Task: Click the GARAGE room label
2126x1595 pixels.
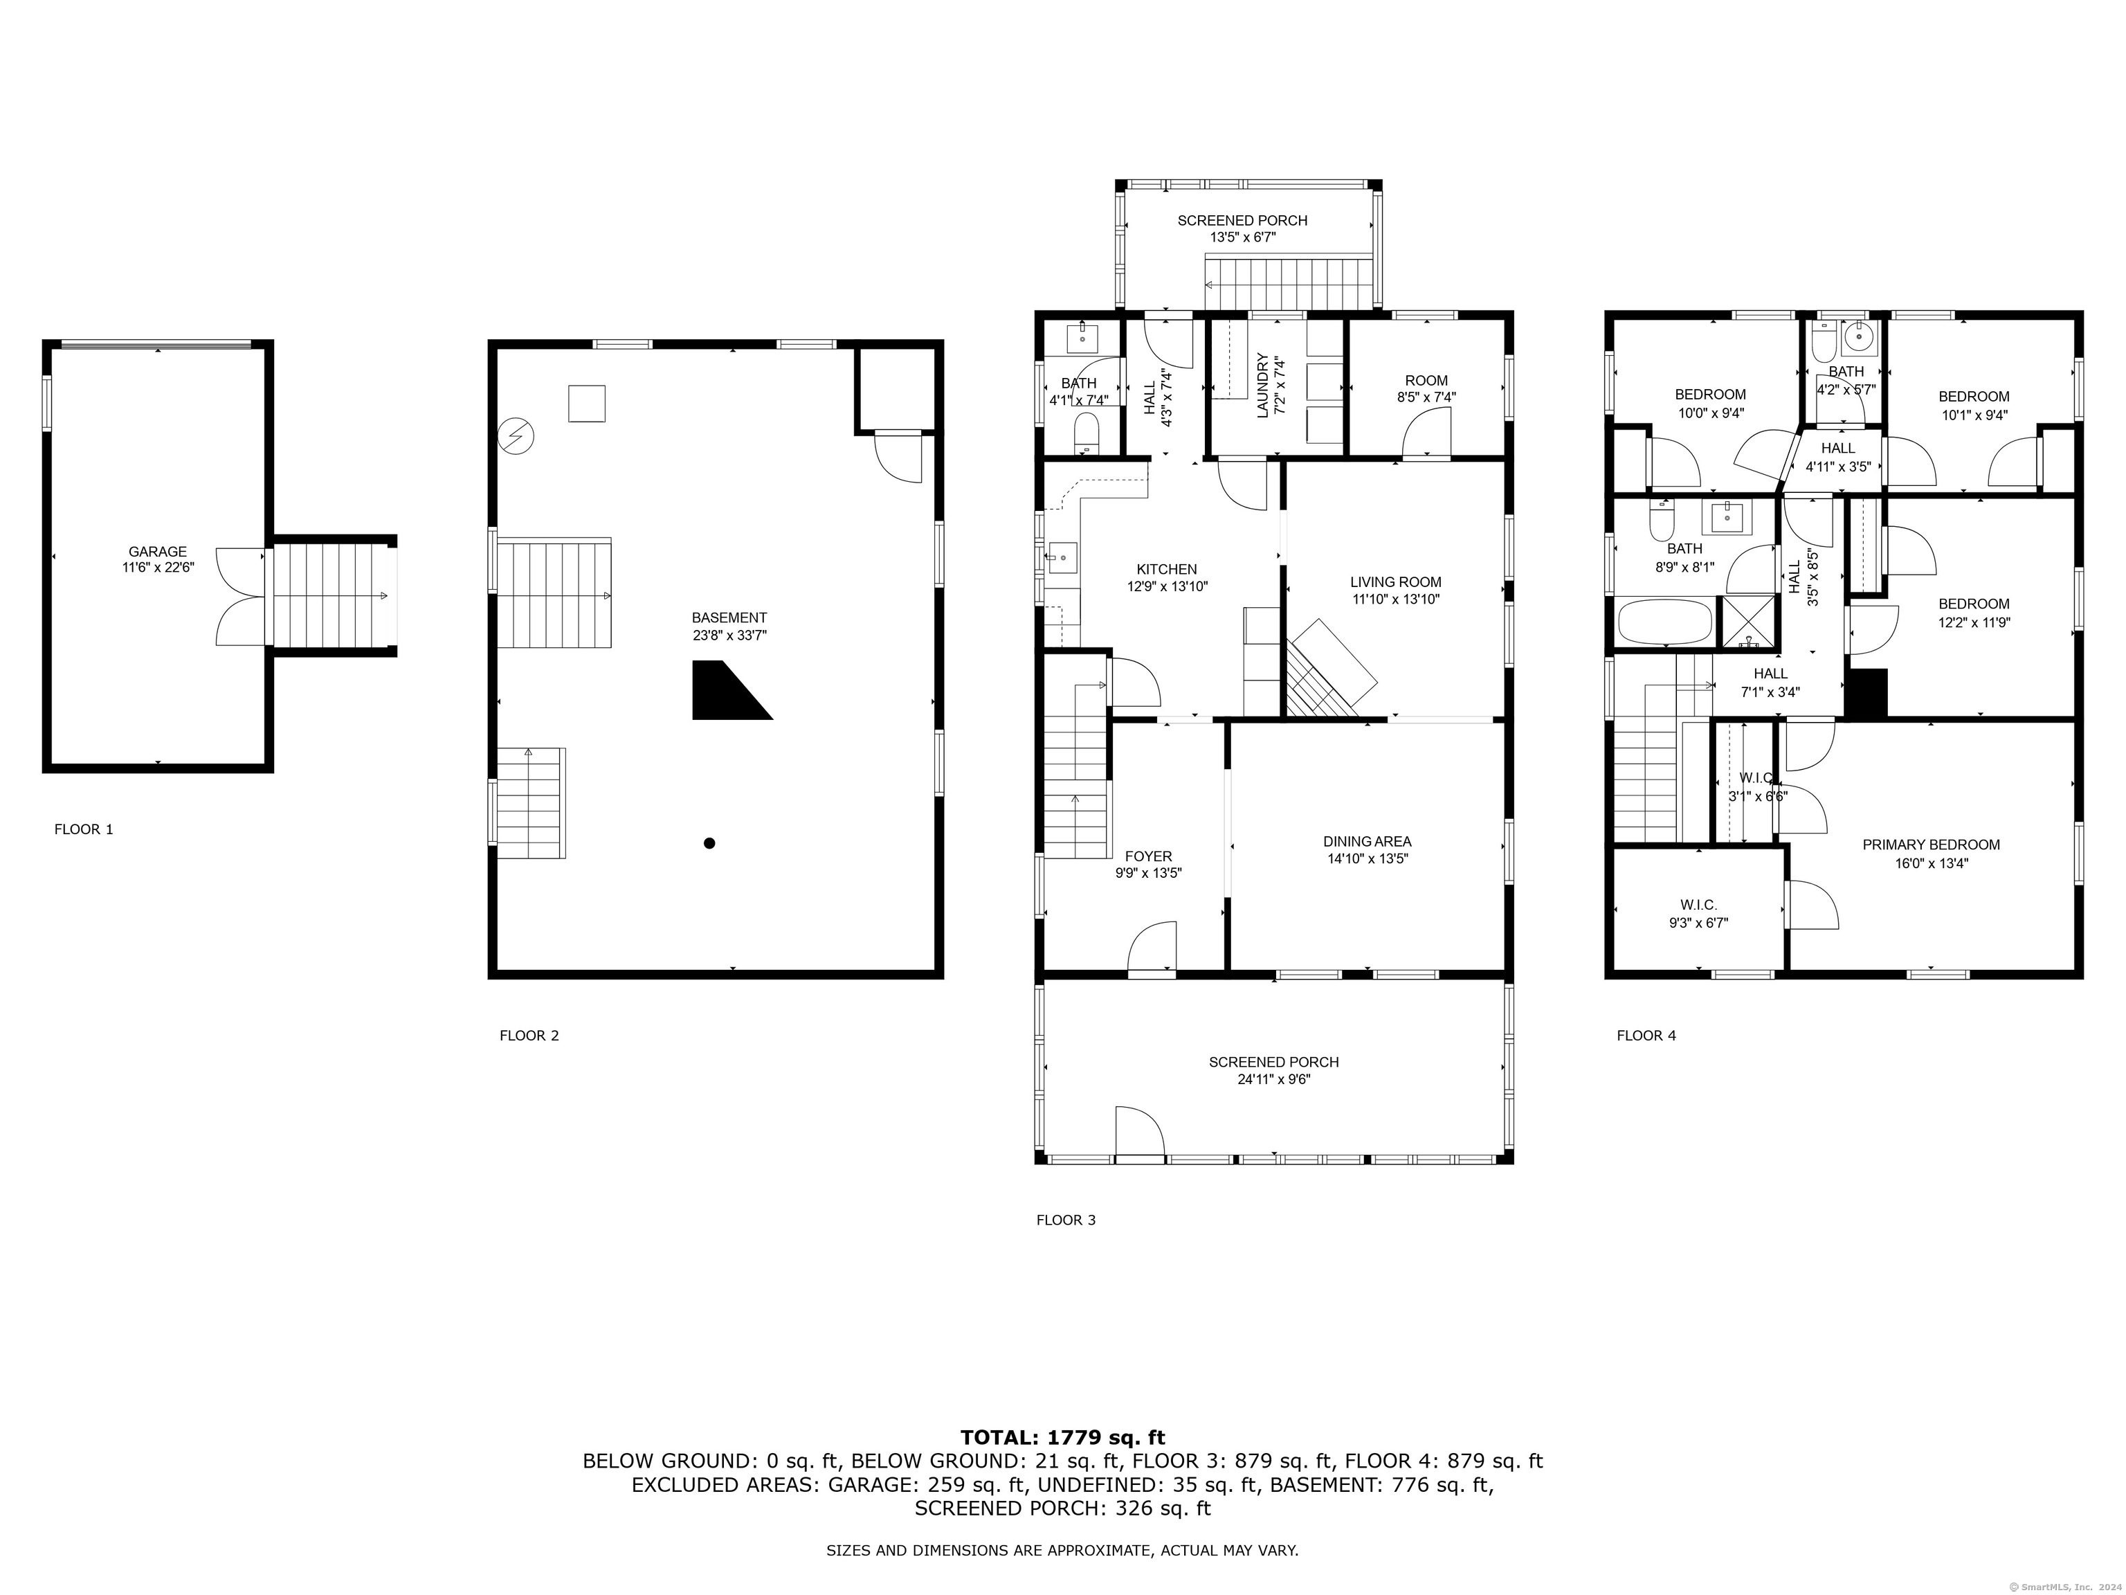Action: point(158,551)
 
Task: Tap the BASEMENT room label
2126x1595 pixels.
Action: point(729,618)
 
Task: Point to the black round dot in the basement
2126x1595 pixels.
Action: point(709,843)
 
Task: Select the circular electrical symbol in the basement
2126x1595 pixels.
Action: point(516,437)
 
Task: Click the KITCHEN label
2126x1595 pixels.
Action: point(1167,569)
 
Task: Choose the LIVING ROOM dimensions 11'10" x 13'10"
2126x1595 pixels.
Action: point(1396,599)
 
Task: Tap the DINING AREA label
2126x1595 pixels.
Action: point(1367,841)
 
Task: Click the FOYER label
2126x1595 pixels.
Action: point(1149,856)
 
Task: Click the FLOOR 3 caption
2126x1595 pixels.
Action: point(1066,1220)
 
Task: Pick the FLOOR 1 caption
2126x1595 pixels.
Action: point(84,829)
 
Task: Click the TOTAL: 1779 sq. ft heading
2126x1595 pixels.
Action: point(1062,1437)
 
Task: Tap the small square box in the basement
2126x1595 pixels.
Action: point(586,403)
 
